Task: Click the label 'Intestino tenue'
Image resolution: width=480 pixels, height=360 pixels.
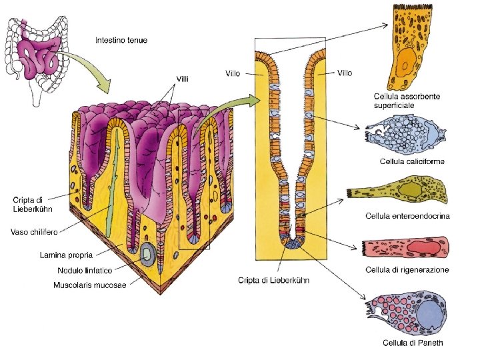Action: [121, 40]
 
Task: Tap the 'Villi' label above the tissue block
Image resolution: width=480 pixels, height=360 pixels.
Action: [182, 79]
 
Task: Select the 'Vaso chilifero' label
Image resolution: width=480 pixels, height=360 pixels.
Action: [33, 231]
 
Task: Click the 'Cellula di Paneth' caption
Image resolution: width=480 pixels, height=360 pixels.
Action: [412, 343]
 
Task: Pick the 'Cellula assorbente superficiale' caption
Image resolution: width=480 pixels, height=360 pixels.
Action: [406, 101]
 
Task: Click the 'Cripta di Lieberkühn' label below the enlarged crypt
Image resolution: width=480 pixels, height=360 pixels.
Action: [273, 280]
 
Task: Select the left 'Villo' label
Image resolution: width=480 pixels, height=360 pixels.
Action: [233, 73]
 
